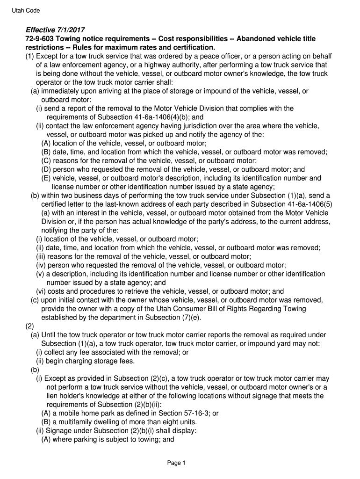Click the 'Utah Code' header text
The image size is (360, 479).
26,10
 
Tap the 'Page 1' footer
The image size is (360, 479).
177,463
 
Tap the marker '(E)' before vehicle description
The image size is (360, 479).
46,178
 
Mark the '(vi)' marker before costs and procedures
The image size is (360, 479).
41,291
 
